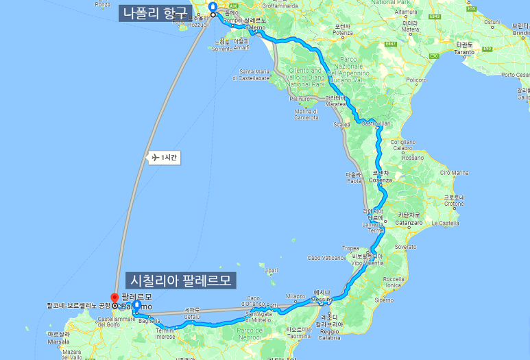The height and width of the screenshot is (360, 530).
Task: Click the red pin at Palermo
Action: tap(115, 298)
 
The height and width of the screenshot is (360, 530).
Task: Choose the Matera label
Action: tap(410, 26)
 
